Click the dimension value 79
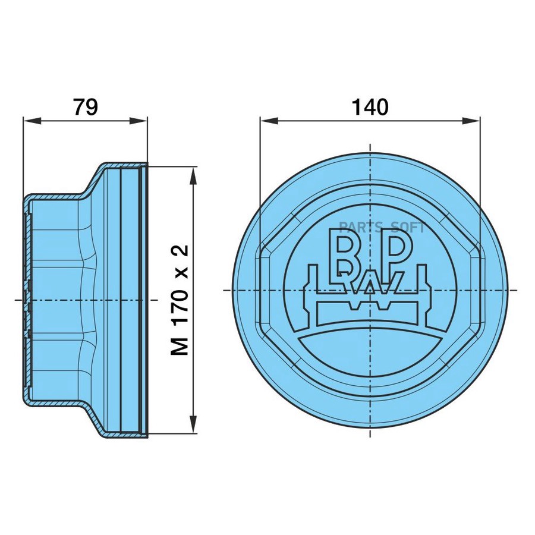point(85,107)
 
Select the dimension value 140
point(369,107)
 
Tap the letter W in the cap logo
point(370,288)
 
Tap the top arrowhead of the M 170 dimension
point(193,174)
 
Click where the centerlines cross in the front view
point(370,290)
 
